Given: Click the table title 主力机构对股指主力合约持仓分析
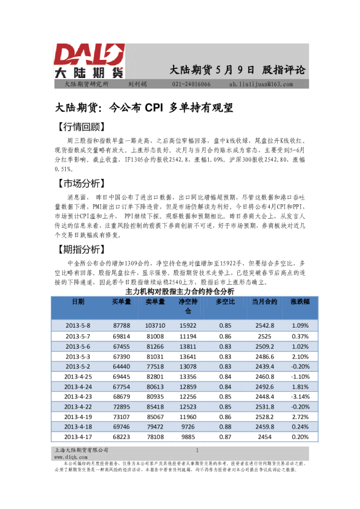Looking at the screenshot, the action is [179, 291].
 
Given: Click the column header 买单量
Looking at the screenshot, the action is [122, 301].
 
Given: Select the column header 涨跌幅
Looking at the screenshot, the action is [300, 301].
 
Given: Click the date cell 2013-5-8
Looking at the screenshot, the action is [78, 325].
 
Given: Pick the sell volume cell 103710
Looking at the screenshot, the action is [155, 325].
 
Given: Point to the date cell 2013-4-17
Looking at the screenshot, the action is [78, 436].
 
